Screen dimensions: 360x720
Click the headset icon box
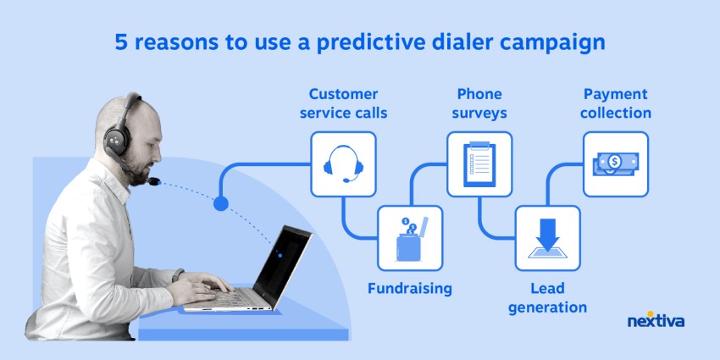343,164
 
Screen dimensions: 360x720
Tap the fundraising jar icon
410,238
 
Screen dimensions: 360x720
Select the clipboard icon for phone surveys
479,164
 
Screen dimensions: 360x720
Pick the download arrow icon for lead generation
547,238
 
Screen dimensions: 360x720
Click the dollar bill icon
616,164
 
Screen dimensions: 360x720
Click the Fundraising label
410,288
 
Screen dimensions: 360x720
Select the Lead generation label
547,297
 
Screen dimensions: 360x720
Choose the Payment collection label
617,102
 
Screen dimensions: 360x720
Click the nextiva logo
656,321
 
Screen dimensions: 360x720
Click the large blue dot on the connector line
221,203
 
